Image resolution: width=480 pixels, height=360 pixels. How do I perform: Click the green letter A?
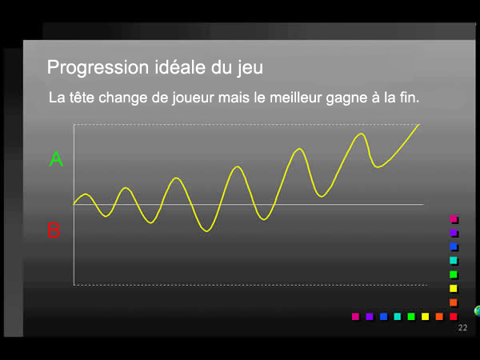pyautogui.click(x=56, y=159)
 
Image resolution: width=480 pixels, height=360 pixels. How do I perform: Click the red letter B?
pyautogui.click(x=54, y=231)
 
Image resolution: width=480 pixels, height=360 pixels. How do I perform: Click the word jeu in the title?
pyautogui.click(x=248, y=67)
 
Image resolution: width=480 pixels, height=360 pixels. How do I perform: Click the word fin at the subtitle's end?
pyautogui.click(x=408, y=98)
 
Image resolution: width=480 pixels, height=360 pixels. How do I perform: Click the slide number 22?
pyautogui.click(x=462, y=329)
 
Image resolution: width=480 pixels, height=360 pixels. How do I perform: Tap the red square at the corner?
pyautogui.click(x=454, y=316)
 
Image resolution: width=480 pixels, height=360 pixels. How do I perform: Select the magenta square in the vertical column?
pyautogui.click(x=454, y=219)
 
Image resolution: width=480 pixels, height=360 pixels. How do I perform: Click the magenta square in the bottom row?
pyautogui.click(x=355, y=316)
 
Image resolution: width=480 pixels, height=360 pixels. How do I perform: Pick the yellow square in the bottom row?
pyautogui.click(x=426, y=316)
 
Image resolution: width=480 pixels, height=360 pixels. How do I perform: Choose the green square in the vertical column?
pyautogui.click(x=454, y=274)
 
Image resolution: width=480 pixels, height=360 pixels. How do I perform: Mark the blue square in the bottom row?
pyautogui.click(x=383, y=316)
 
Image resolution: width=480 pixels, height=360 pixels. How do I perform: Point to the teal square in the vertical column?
pyautogui.click(x=454, y=261)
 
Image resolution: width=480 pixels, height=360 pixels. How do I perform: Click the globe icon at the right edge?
pyautogui.click(x=477, y=310)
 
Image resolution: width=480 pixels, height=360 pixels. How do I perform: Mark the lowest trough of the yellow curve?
pyautogui.click(x=207, y=231)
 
